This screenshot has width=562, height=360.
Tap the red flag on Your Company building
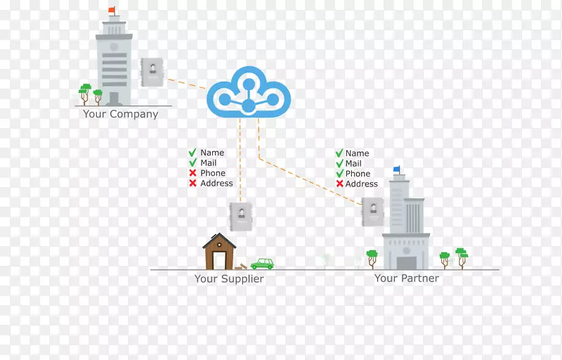pos(112,10)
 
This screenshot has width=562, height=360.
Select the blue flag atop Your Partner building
pos(397,169)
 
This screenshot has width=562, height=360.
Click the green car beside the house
pos(262,264)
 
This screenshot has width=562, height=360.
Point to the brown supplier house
pos(219,252)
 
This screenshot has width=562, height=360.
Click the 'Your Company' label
pos(120,114)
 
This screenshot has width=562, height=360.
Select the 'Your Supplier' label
pos(229,279)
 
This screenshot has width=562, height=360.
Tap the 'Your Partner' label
pos(406,278)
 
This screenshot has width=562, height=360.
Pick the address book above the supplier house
pos(240,216)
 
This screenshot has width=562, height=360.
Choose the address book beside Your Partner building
pos(372,211)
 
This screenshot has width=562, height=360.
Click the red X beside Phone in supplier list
pos(192,173)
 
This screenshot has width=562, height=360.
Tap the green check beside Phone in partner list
pos(339,174)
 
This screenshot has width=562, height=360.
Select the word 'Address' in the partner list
pos(362,184)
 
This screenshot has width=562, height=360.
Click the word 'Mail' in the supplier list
pos(209,163)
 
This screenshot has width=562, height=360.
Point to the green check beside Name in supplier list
pos(192,153)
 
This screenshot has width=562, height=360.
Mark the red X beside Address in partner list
pos(339,184)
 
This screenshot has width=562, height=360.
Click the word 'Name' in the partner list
pos(357,153)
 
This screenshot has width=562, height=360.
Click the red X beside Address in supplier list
pos(192,184)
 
